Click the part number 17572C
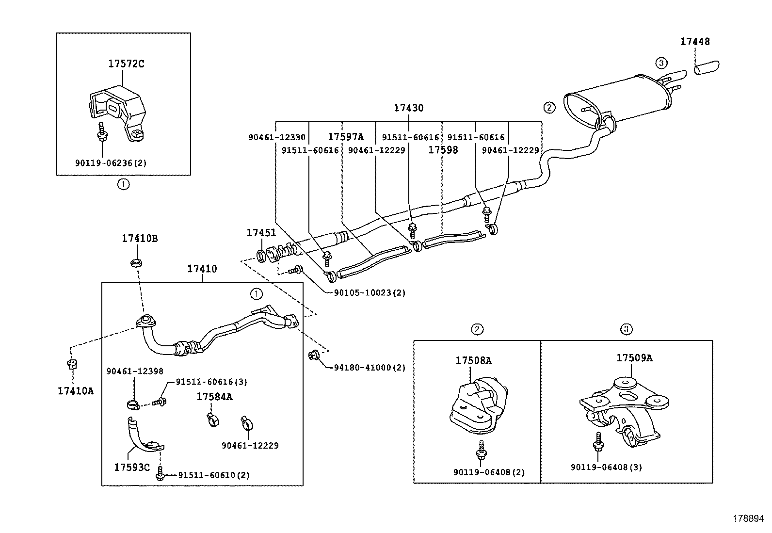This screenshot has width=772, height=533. click(126, 64)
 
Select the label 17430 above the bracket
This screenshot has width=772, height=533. click(408, 108)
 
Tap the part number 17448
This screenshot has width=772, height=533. click(694, 42)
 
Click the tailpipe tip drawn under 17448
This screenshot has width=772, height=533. click(707, 68)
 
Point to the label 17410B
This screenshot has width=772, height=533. click(139, 239)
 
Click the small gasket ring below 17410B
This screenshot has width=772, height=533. click(136, 263)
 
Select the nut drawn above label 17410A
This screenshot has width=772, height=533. click(72, 365)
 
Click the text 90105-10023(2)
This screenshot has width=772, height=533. click(370, 293)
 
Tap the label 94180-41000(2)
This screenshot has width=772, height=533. click(370, 368)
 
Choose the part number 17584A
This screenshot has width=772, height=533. click(214, 397)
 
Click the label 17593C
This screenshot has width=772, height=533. click(132, 468)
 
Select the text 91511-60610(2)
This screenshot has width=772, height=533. click(213, 475)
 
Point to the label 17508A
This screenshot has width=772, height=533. click(473, 360)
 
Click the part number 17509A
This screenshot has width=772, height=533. click(634, 358)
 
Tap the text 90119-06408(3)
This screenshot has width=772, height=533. click(606, 468)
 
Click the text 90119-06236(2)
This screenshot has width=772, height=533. click(111, 163)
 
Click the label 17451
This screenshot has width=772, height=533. click(261, 233)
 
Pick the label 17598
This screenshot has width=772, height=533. click(443, 150)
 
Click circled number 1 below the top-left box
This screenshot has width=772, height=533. click(124, 184)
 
